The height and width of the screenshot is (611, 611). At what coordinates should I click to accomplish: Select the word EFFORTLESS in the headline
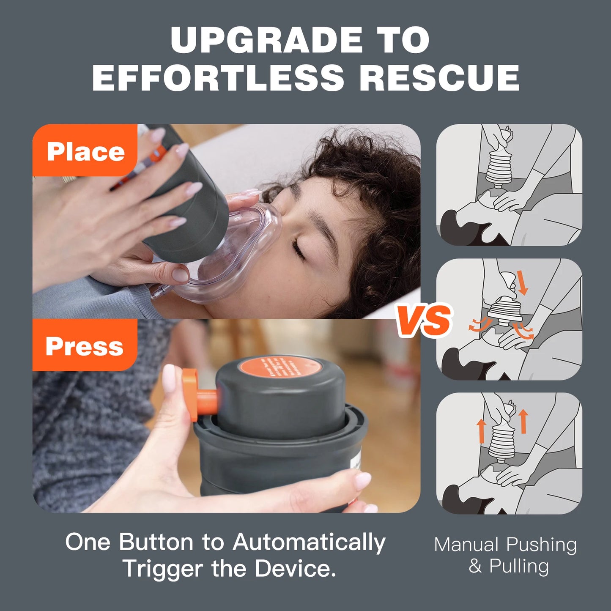(x=218, y=78)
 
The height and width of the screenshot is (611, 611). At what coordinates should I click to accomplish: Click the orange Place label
(x=85, y=151)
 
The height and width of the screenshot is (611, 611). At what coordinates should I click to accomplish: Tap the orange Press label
(x=85, y=346)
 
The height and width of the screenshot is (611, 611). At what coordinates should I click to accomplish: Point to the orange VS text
(x=424, y=321)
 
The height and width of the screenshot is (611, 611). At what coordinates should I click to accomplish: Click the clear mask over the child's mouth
(x=237, y=258)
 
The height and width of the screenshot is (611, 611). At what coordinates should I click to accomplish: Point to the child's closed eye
(x=299, y=250)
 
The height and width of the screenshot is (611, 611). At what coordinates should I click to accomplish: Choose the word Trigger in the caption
(x=163, y=568)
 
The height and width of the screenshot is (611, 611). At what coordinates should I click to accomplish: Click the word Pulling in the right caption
(x=519, y=566)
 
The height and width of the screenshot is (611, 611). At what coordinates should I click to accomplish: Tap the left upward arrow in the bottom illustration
(x=481, y=430)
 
